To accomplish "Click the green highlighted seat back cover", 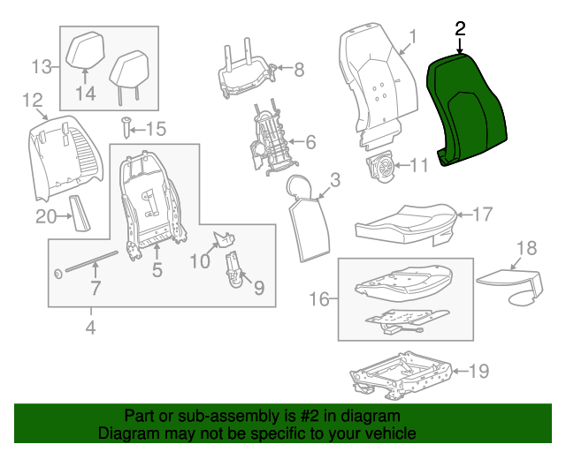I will point(469,110).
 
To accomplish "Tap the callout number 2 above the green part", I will point(460,29).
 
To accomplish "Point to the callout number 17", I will point(481,214).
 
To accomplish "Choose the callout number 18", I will point(526,248).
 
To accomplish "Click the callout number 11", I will point(418,164).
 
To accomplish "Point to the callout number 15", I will point(155,130).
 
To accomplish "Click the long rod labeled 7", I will point(88,262).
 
